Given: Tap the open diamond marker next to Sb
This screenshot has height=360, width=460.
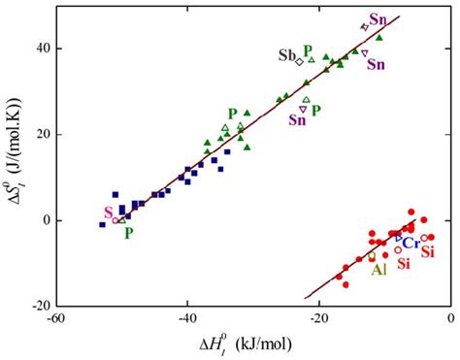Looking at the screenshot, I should pyautogui.click(x=299, y=61).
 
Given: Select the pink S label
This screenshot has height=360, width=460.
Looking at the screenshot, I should pyautogui.click(x=108, y=213).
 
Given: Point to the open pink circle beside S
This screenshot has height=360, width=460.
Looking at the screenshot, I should pyautogui.click(x=116, y=220).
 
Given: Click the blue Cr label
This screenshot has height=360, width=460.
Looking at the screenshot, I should pyautogui.click(x=411, y=242).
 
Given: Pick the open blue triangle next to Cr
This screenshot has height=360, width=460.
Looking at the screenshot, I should pyautogui.click(x=398, y=237).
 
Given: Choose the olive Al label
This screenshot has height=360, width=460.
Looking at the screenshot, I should pyautogui.click(x=380, y=270).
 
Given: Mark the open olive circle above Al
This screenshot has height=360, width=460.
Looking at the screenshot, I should pyautogui.click(x=372, y=256).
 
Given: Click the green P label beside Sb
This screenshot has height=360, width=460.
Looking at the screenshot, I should pyautogui.click(x=307, y=50).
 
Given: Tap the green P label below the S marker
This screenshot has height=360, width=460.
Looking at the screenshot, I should pyautogui.click(x=128, y=233).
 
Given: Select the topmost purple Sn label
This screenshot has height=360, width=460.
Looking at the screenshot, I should pyautogui.click(x=377, y=19).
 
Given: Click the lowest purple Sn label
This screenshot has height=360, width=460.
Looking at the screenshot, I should pyautogui.click(x=300, y=120).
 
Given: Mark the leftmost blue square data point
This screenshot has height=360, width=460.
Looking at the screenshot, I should pyautogui.click(x=102, y=224).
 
